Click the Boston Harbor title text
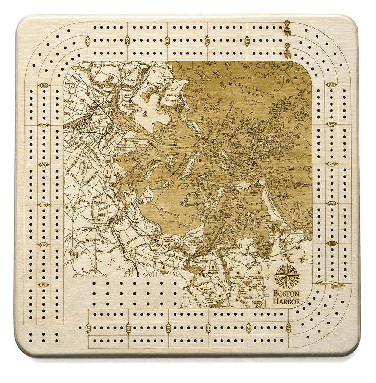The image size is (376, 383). tap(287, 297)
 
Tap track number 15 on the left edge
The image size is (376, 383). tap(44, 205)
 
